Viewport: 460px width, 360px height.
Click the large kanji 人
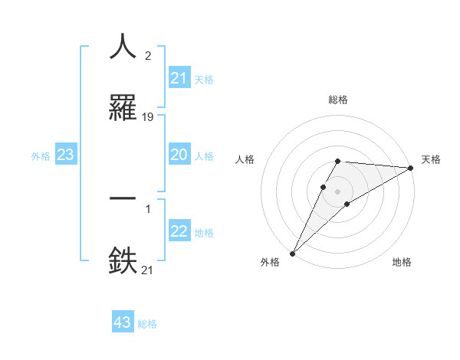pyautogui.click(x=123, y=46)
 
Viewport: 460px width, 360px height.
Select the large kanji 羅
pyautogui.click(x=123, y=107)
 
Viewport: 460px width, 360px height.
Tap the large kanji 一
pyautogui.click(x=123, y=198)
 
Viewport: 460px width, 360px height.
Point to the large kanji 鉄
pyautogui.click(x=123, y=260)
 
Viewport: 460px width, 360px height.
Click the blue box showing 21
pyautogui.click(x=179, y=78)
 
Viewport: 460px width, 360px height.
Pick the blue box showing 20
pyautogui.click(x=179, y=155)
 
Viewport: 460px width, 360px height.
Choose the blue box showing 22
pyautogui.click(x=179, y=232)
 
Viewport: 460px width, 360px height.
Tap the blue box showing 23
pyautogui.click(x=66, y=155)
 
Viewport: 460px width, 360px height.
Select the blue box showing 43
pyautogui.click(x=123, y=322)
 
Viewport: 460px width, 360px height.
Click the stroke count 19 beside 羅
pyautogui.click(x=148, y=117)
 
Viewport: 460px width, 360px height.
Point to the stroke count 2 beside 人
pyautogui.click(x=147, y=55)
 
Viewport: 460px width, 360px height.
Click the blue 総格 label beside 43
pyautogui.click(x=147, y=324)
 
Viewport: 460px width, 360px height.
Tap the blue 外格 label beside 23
pyautogui.click(x=41, y=155)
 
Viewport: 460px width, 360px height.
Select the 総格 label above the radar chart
pyautogui.click(x=337, y=100)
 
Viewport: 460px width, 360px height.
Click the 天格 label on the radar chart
pyautogui.click(x=431, y=159)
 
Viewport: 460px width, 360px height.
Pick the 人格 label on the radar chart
pyautogui.click(x=245, y=159)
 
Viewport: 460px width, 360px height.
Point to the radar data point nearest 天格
pyautogui.click(x=411, y=168)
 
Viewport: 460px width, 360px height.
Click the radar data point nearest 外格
pyautogui.click(x=292, y=254)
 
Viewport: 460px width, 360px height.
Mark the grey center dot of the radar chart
pyautogui.click(x=337, y=191)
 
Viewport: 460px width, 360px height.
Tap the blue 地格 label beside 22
pyautogui.click(x=204, y=233)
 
